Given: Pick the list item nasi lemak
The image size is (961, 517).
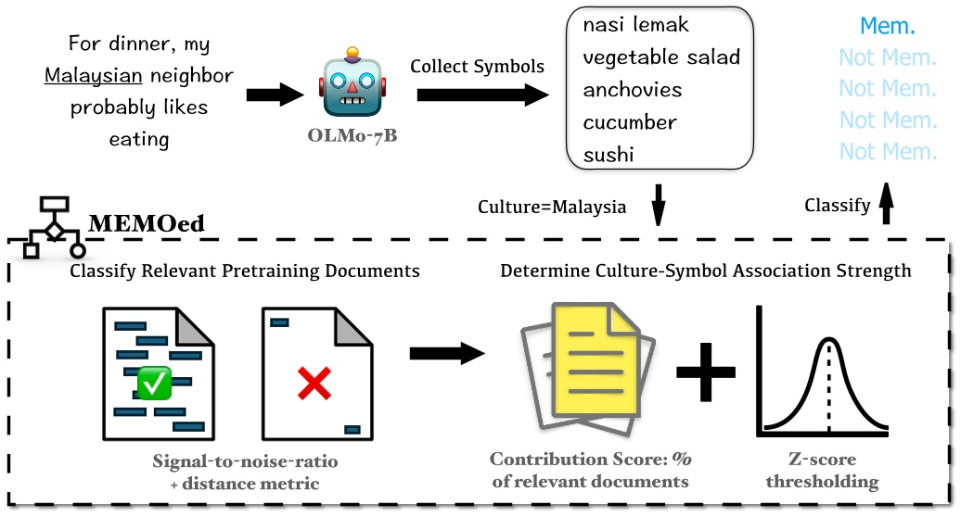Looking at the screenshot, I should (x=636, y=25).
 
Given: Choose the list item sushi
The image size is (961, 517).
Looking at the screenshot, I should (x=609, y=155).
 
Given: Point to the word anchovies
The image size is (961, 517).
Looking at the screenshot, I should (x=632, y=90).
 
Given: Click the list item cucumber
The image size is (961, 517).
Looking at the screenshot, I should (x=630, y=122).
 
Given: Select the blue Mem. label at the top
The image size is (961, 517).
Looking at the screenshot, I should (x=888, y=26).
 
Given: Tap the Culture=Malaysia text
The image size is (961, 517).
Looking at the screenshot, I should (x=551, y=207).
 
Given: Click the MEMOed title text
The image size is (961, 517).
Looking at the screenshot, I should (x=147, y=223).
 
